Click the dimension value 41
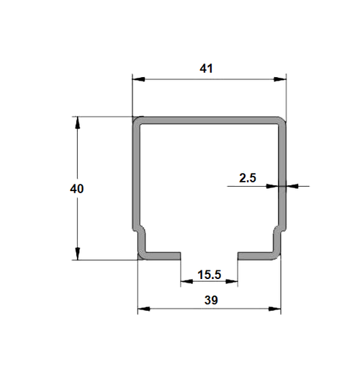(206, 68)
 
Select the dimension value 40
(77, 189)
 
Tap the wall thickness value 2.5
(248, 178)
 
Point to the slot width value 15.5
(209, 275)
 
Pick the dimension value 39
(211, 300)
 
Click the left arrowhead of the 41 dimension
(139, 79)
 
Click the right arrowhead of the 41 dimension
(280, 79)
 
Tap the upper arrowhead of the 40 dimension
(77, 123)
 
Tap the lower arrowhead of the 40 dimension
(77, 254)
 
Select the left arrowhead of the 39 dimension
(144, 309)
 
